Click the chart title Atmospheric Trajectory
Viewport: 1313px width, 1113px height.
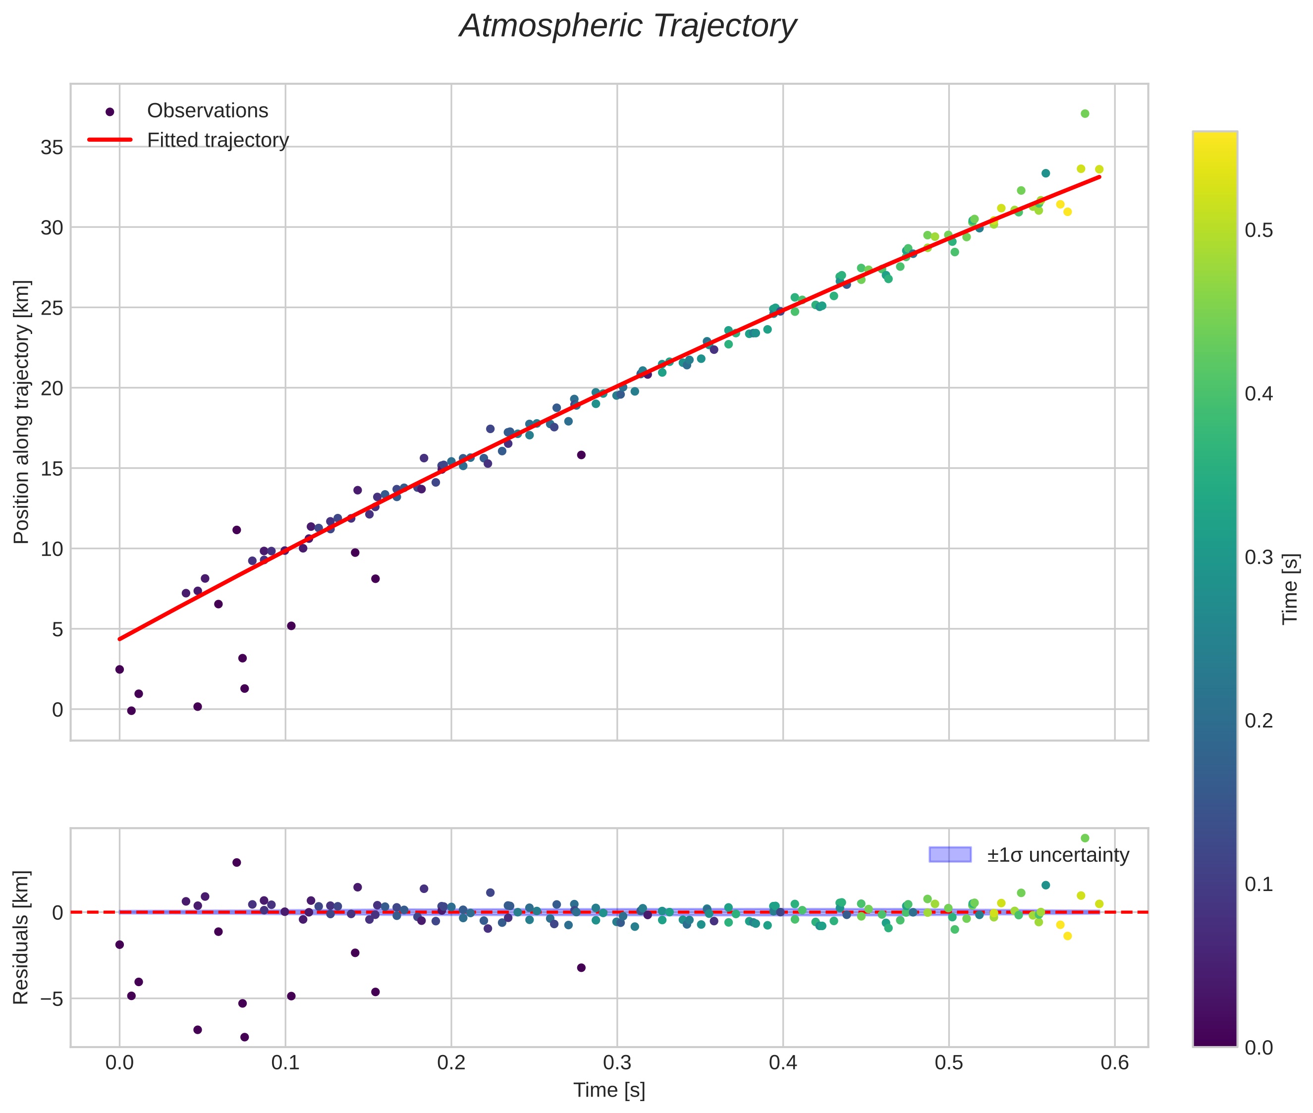pyautogui.click(x=628, y=26)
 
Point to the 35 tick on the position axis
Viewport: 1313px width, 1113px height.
pyautogui.click(x=53, y=148)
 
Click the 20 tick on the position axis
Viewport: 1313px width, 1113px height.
pyautogui.click(x=53, y=389)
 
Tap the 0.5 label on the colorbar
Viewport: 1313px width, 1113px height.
pyautogui.click(x=1258, y=230)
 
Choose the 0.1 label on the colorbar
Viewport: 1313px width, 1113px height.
pyautogui.click(x=1258, y=884)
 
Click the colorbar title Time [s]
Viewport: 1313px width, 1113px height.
pyautogui.click(x=1291, y=589)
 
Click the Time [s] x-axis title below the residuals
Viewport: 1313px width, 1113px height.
pyautogui.click(x=609, y=1090)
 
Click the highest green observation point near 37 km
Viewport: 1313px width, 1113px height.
pyautogui.click(x=1085, y=113)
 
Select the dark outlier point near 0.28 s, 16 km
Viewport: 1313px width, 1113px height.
pyautogui.click(x=581, y=455)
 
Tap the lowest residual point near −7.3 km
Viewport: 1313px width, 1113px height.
pyautogui.click(x=244, y=1037)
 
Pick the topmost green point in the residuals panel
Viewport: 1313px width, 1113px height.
pyautogui.click(x=1085, y=838)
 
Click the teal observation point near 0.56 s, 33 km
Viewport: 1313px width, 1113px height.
pyautogui.click(x=1045, y=173)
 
